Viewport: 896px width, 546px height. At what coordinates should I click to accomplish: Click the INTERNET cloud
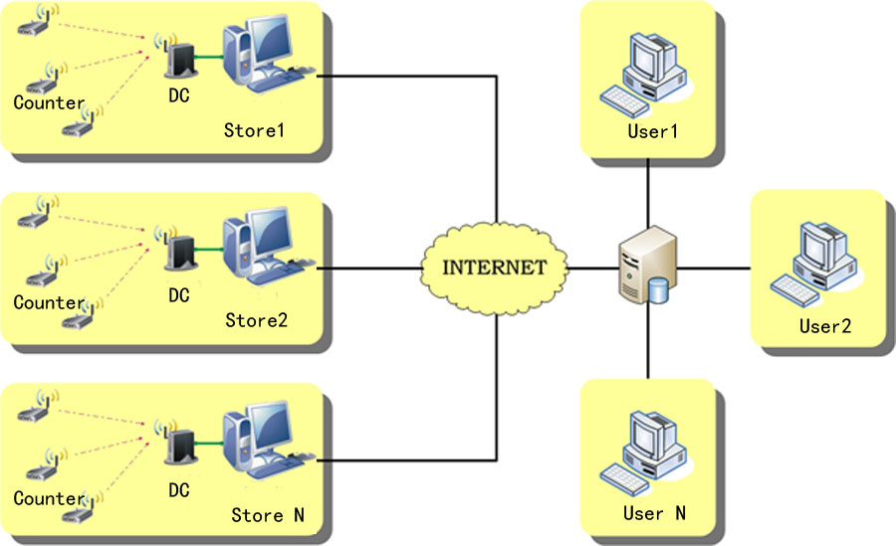point(495,267)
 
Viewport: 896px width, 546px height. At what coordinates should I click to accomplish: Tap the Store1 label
point(254,129)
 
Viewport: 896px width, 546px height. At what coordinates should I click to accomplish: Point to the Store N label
point(268,515)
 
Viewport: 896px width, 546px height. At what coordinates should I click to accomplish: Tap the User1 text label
point(653,130)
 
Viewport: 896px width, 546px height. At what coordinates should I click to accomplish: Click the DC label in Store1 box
point(179,96)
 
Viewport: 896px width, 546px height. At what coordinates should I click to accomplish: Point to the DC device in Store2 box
point(178,254)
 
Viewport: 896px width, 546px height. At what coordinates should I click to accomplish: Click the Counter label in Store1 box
point(49,102)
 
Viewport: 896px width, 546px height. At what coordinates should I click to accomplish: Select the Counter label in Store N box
point(49,497)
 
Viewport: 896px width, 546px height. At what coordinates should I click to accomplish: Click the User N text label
point(654,513)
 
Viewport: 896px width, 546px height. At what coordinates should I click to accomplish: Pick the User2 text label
point(825,325)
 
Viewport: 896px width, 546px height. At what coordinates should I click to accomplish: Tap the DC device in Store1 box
point(178,58)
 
